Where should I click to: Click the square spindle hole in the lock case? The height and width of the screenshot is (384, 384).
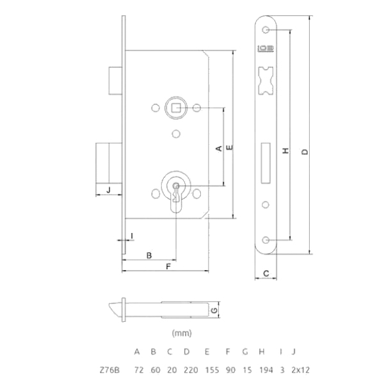(175, 108)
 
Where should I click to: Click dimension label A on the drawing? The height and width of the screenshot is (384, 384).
(219, 148)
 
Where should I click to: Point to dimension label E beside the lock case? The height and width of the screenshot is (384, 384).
(230, 147)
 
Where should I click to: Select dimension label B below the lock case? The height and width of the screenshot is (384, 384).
(149, 255)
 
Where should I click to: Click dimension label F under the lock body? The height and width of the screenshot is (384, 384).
(168, 266)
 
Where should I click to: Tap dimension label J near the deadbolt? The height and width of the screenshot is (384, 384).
(109, 189)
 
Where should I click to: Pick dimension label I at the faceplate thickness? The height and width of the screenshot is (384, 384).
(132, 236)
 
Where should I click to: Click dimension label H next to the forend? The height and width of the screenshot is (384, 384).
(285, 150)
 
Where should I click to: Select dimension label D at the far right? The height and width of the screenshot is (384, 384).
(305, 152)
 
